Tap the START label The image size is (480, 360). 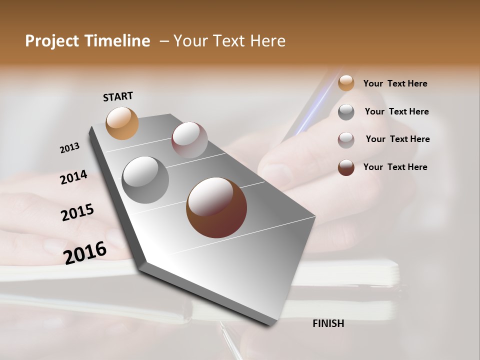pos(118,96)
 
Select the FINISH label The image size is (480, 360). pos(328,323)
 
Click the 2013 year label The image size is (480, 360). pos(69,148)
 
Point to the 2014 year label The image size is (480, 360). pos(73,177)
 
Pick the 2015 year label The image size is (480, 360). pos(77,212)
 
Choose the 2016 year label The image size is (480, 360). pos(85,252)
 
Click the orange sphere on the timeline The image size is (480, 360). pos(122,123)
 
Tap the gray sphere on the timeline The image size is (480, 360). pos(145,180)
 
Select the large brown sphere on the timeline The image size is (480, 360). pos(216,207)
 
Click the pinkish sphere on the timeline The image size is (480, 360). pos(189,140)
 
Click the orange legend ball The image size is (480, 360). pos(346,83)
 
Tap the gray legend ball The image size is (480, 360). pos(346,112)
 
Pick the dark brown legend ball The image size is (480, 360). pos(346,167)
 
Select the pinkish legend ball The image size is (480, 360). pos(346,140)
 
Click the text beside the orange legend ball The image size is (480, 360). pos(395,83)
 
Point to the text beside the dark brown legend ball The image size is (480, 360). pos(395,167)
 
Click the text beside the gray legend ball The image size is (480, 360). pos(396,111)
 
